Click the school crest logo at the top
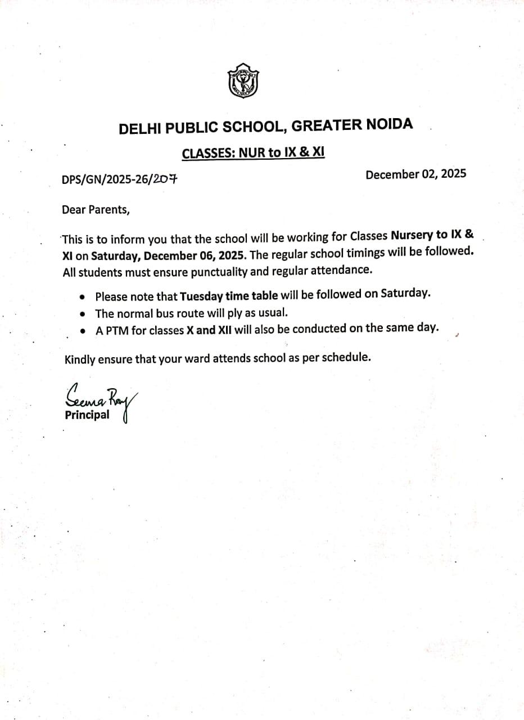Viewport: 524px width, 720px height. coord(243,80)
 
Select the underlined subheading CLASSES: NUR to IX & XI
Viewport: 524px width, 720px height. coord(254,152)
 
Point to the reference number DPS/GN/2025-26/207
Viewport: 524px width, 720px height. coord(119,180)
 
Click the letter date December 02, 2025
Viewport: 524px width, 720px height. coord(415,174)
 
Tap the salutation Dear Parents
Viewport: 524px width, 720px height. coord(96,210)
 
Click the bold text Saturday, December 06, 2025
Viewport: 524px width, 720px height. coord(168,256)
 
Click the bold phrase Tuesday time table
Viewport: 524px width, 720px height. coord(229,296)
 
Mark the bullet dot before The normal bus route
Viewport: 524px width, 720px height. coord(83,314)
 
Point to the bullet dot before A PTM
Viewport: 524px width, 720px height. coord(83,332)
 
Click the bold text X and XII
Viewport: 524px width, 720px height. coord(209,330)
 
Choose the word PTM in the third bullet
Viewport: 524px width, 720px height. coord(117,331)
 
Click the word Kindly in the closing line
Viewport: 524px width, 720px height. coord(80,359)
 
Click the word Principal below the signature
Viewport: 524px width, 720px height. coord(87,416)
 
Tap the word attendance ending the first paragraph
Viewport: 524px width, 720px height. coord(343,271)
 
